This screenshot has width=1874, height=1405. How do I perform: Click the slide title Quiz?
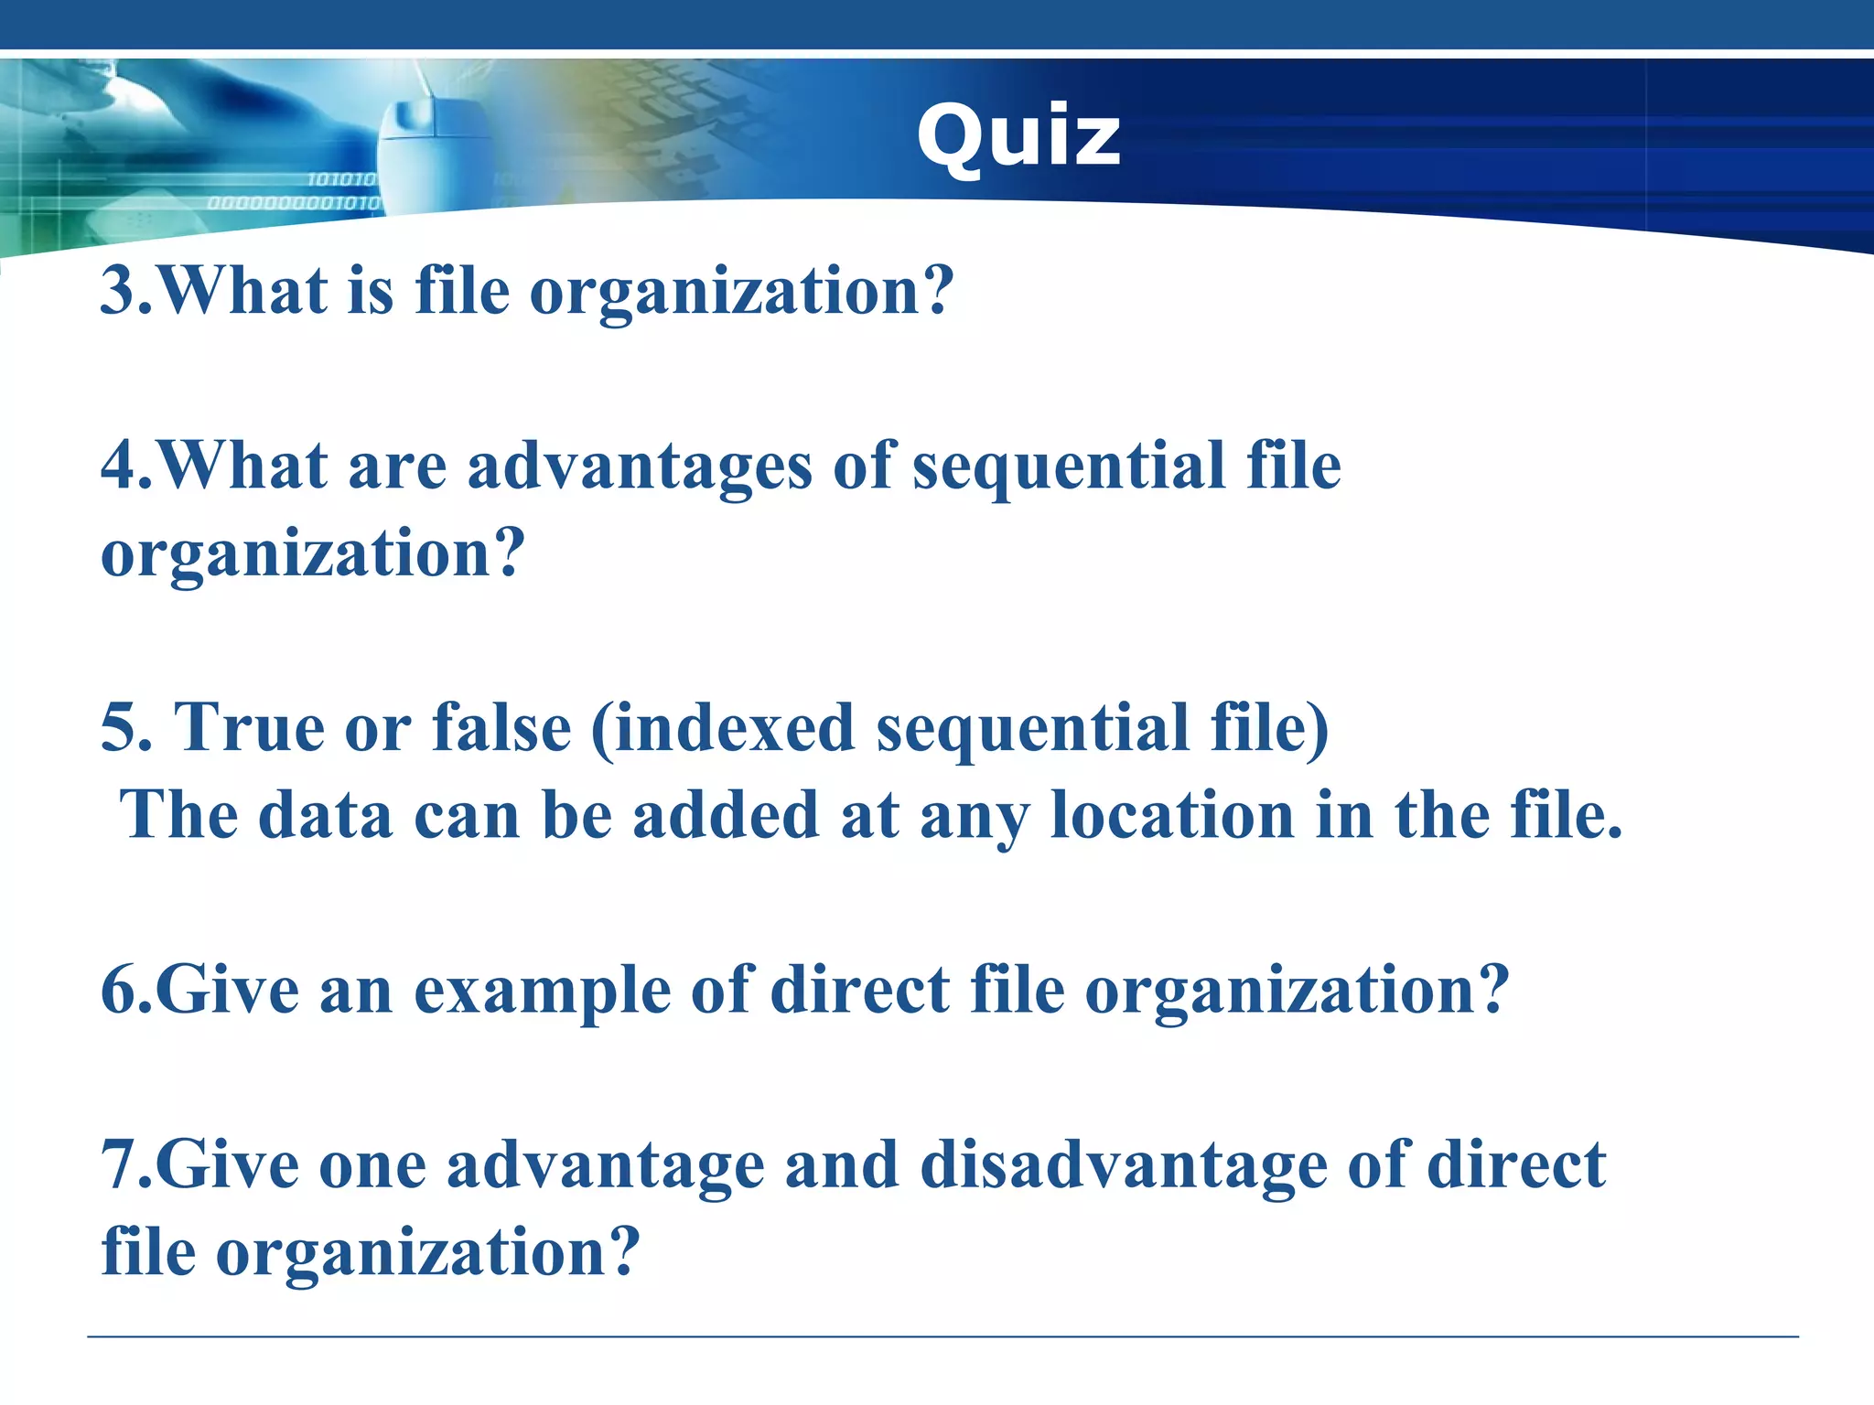tap(1018, 137)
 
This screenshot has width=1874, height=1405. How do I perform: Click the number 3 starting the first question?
tap(118, 291)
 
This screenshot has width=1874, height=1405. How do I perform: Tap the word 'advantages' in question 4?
tap(639, 467)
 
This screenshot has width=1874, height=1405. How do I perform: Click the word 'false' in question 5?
tap(501, 728)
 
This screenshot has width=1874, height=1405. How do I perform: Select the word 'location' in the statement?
tap(1171, 815)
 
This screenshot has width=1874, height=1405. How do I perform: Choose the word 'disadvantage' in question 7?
tap(1123, 1165)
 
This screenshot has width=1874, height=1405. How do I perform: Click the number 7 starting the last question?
tap(119, 1165)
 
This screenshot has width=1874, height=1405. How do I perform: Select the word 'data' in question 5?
tap(325, 815)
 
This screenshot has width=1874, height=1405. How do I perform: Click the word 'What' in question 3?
tap(242, 291)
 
